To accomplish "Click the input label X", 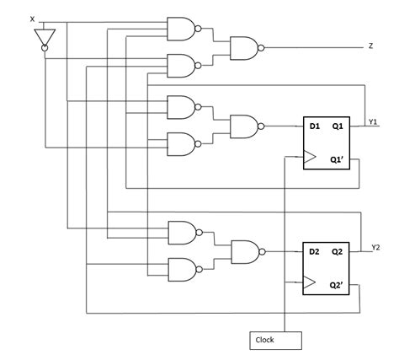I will click(33, 19).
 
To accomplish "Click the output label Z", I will click(370, 46).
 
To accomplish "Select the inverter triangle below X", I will click(45, 37).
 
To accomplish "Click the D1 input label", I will click(314, 126).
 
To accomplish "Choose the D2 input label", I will click(314, 250).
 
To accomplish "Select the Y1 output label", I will click(373, 123).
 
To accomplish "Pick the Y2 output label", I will click(375, 247).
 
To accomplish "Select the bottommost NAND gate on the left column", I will click(182, 269).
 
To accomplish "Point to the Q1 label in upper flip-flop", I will click(338, 126).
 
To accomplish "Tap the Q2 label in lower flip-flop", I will click(338, 250).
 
